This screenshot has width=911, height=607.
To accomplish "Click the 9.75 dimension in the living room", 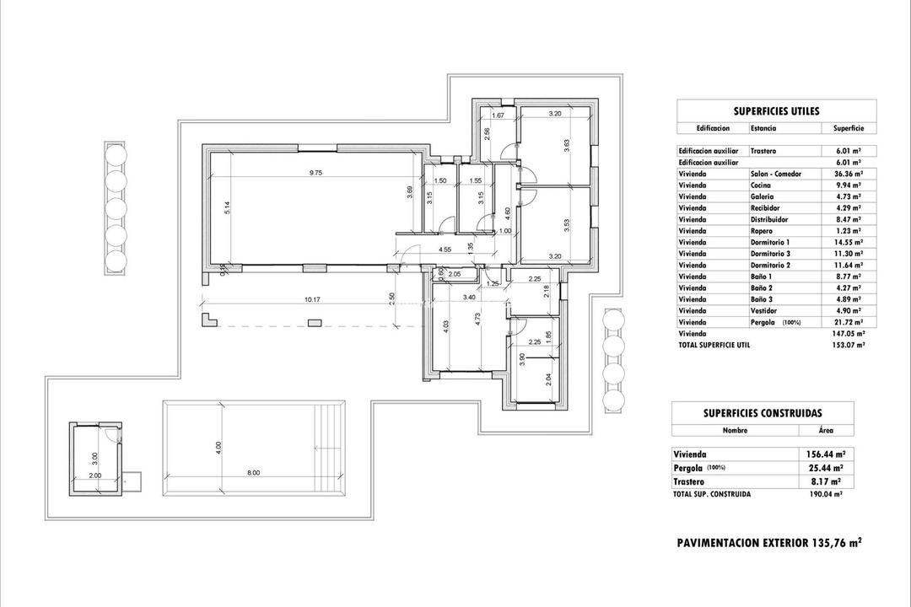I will point(316,172).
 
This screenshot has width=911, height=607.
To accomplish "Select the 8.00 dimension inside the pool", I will point(253,473).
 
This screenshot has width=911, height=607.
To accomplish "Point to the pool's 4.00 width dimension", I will point(218,445).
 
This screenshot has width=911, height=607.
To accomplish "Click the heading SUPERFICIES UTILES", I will point(776,110).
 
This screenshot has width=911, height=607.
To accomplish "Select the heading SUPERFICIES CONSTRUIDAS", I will point(762,413).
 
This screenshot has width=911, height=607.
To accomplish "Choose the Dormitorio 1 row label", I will point(769,242).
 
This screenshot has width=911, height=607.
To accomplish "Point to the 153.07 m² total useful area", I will point(848,345).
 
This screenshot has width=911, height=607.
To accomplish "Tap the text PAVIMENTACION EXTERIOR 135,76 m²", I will point(768,543).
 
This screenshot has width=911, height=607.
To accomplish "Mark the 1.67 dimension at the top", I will point(498,115).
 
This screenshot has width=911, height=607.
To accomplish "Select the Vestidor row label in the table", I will point(764,310).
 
